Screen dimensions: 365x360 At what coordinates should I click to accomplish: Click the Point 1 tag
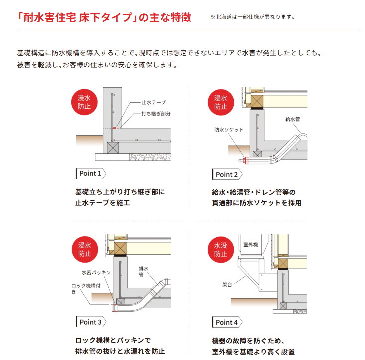click(x=91, y=174)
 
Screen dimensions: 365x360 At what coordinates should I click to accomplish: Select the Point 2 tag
click(x=227, y=175)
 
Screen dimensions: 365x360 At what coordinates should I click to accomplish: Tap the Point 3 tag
click(x=91, y=322)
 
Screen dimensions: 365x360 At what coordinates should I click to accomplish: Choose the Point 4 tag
click(x=227, y=322)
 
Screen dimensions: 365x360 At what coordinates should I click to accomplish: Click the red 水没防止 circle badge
click(x=221, y=250)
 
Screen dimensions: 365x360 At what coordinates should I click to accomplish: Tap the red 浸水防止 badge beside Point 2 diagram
click(x=221, y=102)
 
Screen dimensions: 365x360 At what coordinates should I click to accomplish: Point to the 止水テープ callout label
click(x=154, y=102)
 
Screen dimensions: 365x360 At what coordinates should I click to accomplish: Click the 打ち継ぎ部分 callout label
click(x=156, y=114)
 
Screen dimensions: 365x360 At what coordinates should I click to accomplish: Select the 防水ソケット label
click(x=229, y=130)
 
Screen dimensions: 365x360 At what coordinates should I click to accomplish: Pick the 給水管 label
click(x=293, y=119)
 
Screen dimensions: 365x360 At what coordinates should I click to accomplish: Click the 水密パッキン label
click(x=96, y=272)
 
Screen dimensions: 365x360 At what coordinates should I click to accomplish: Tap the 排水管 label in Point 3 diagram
click(x=144, y=272)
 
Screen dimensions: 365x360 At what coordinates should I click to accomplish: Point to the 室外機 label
click(x=251, y=245)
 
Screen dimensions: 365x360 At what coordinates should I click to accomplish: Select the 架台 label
click(x=227, y=284)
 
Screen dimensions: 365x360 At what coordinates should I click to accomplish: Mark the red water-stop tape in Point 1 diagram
click(x=114, y=128)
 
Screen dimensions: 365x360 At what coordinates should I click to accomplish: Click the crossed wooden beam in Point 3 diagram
click(x=120, y=248)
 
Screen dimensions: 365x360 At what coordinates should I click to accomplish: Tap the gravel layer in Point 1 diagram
click(x=150, y=157)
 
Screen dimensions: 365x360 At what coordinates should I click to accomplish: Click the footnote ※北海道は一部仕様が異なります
click(x=253, y=17)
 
